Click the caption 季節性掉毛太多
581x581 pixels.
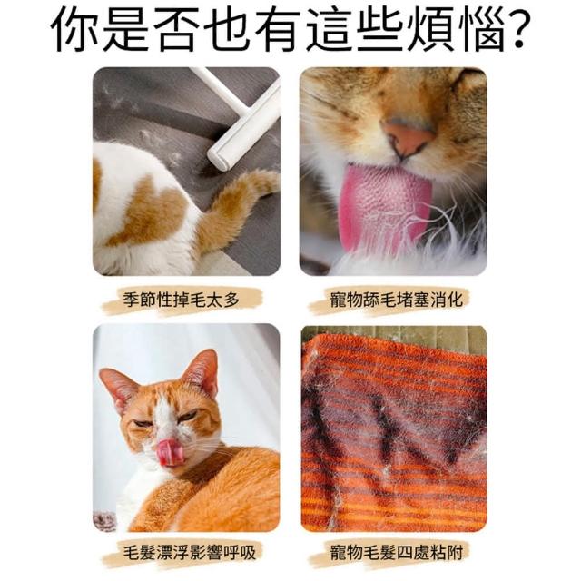(182, 300)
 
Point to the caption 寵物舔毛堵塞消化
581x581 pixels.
(397, 300)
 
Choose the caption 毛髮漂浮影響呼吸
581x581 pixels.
(190, 553)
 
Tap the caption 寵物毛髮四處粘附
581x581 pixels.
(397, 553)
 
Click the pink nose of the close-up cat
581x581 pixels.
(409, 137)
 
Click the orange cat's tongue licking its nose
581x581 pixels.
(170, 453)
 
